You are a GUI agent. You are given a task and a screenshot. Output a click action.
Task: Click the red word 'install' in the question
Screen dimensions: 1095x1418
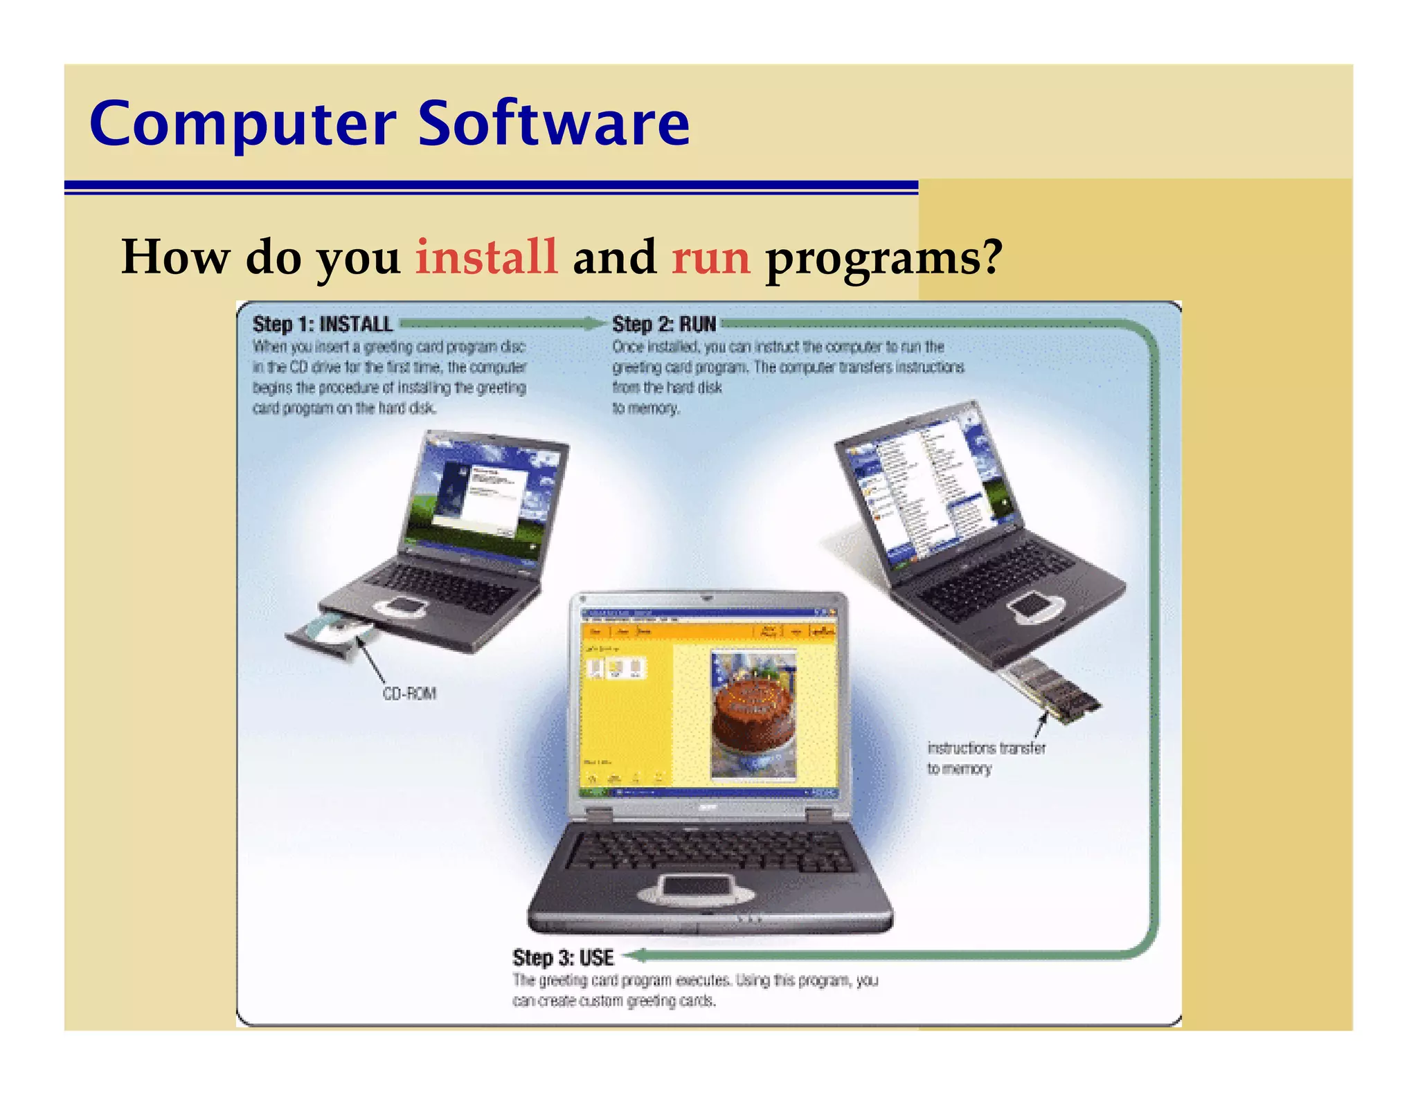click(486, 257)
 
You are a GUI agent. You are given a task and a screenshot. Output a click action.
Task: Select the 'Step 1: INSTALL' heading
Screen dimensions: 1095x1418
click(323, 324)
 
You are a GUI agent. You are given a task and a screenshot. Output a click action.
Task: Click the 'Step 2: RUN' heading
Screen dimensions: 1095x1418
click(663, 324)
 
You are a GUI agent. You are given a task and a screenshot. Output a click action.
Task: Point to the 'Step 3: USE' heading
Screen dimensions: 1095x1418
click(563, 958)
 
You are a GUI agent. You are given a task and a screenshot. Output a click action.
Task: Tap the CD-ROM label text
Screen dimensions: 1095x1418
click(409, 694)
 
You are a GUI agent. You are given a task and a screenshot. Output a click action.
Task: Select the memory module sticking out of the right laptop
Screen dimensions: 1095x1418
click(1052, 689)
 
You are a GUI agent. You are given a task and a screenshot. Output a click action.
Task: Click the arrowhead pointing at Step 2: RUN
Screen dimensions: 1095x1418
click(595, 323)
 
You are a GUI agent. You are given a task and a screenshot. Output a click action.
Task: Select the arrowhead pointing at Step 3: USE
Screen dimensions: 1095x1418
click(636, 956)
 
